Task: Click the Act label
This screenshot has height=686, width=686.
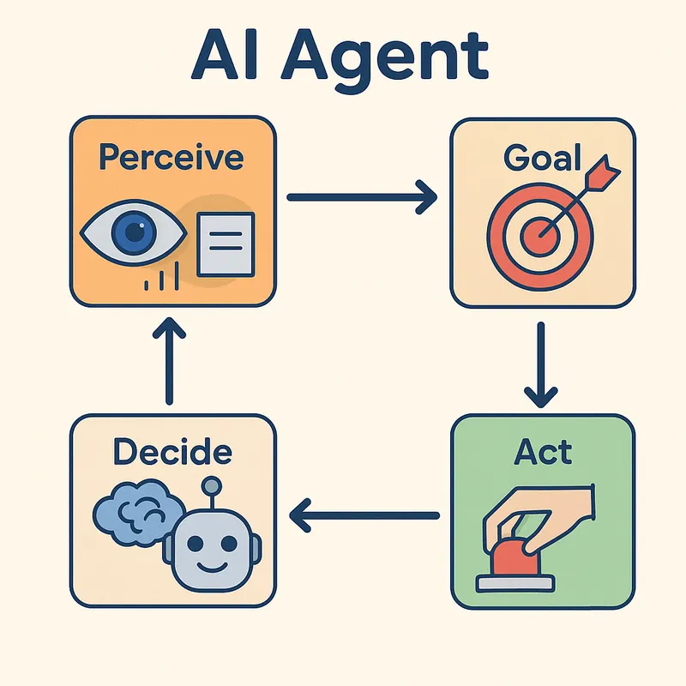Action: [543, 452]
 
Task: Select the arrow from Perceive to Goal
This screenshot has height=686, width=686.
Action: [361, 198]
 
